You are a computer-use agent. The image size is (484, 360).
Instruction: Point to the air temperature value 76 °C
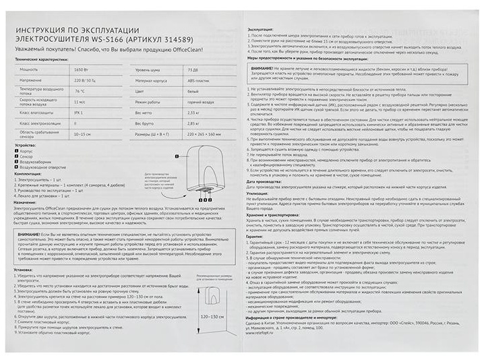click(80, 90)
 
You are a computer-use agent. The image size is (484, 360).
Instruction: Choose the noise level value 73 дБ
click(192, 69)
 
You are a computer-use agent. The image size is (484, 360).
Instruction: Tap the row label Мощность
click(30, 69)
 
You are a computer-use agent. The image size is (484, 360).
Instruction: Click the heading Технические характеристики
click(45, 60)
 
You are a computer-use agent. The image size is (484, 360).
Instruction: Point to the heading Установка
click(24, 268)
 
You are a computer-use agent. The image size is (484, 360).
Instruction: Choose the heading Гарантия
click(255, 237)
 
